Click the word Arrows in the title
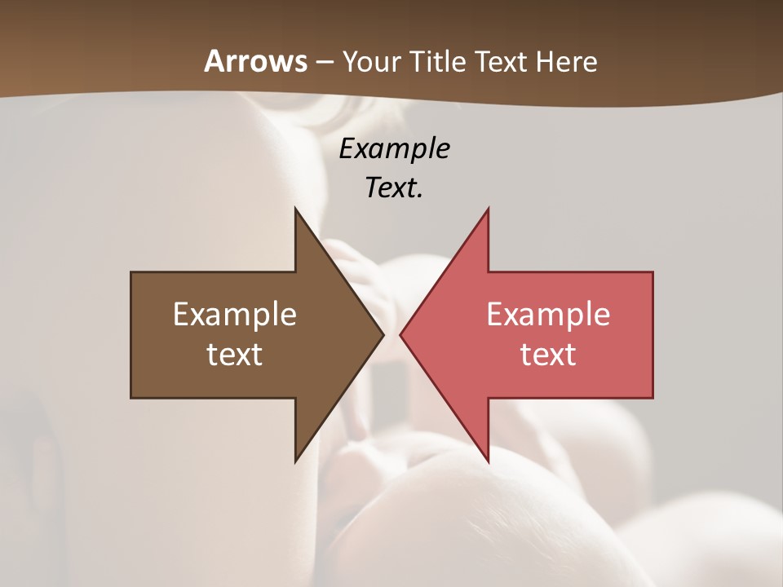(255, 61)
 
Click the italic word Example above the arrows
(394, 149)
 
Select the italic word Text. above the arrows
(394, 188)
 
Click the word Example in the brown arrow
(235, 315)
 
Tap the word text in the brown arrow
(235, 355)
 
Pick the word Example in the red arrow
(548, 315)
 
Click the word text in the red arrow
(548, 355)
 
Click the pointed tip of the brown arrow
(383, 335)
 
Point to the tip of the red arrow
(400, 335)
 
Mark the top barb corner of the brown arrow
(295, 208)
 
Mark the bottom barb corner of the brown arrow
(295, 462)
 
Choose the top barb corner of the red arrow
(489, 208)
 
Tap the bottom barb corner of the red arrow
(489, 462)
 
